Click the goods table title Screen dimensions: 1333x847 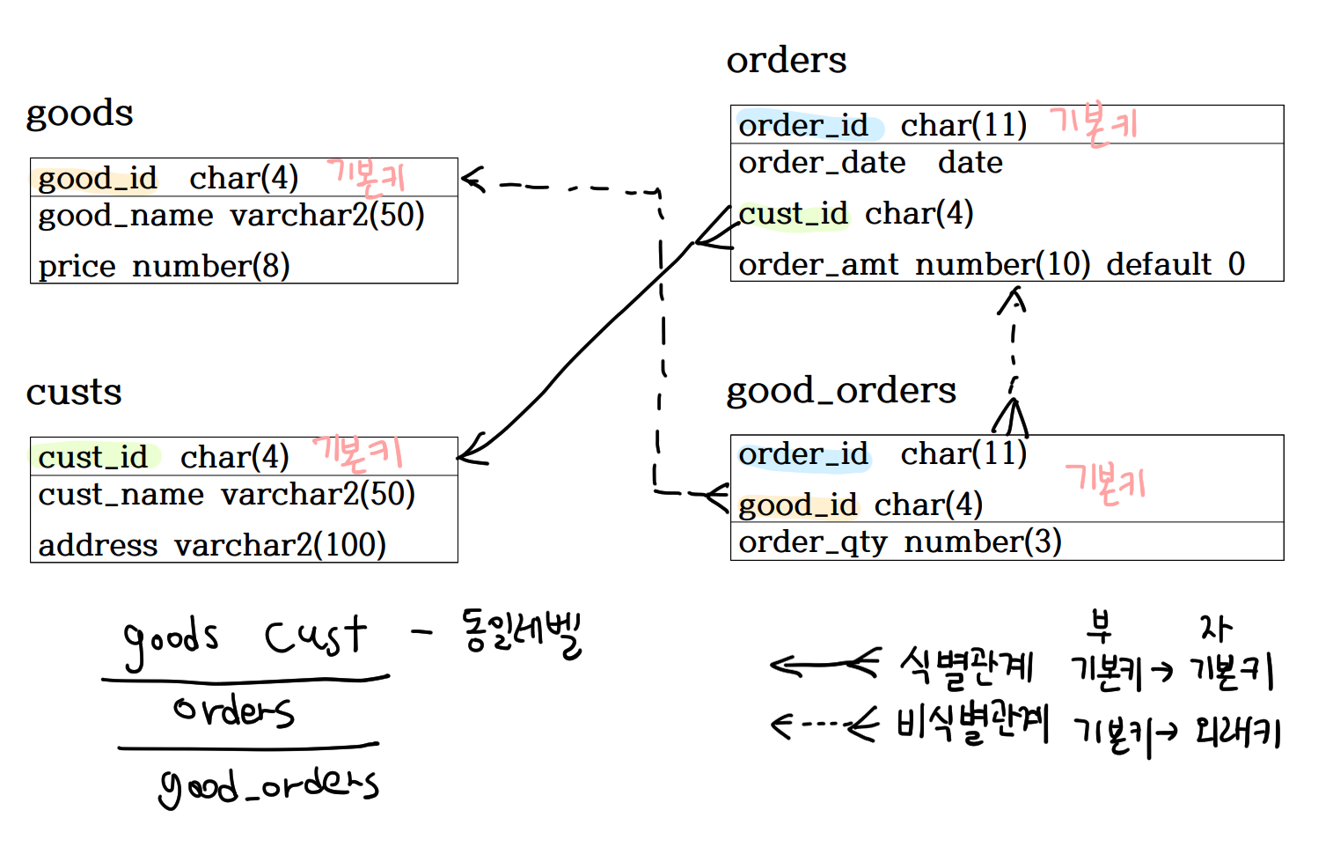coord(79,114)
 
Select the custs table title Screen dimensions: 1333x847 coord(74,392)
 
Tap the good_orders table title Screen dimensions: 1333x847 coord(840,390)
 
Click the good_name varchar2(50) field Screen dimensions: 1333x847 coord(231,216)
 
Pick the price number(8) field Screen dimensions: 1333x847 coord(164,266)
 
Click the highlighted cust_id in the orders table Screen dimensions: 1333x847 coord(793,214)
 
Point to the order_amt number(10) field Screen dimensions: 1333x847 coord(913,264)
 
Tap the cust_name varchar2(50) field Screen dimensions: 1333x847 coord(226,495)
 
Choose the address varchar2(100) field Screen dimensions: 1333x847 coord(212,545)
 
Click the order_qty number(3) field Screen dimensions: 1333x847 coord(899,542)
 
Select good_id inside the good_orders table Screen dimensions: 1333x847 coord(797,505)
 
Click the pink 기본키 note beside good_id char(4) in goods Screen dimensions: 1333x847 coord(366,176)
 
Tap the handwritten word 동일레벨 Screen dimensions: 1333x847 coord(521,632)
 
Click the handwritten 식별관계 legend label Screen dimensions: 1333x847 coord(966,667)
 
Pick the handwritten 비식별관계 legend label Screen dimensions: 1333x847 coord(971,725)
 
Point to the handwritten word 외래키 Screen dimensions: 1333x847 coord(1236,732)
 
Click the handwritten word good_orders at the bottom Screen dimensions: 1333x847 coord(268,786)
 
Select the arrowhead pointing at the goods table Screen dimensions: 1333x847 coord(472,180)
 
